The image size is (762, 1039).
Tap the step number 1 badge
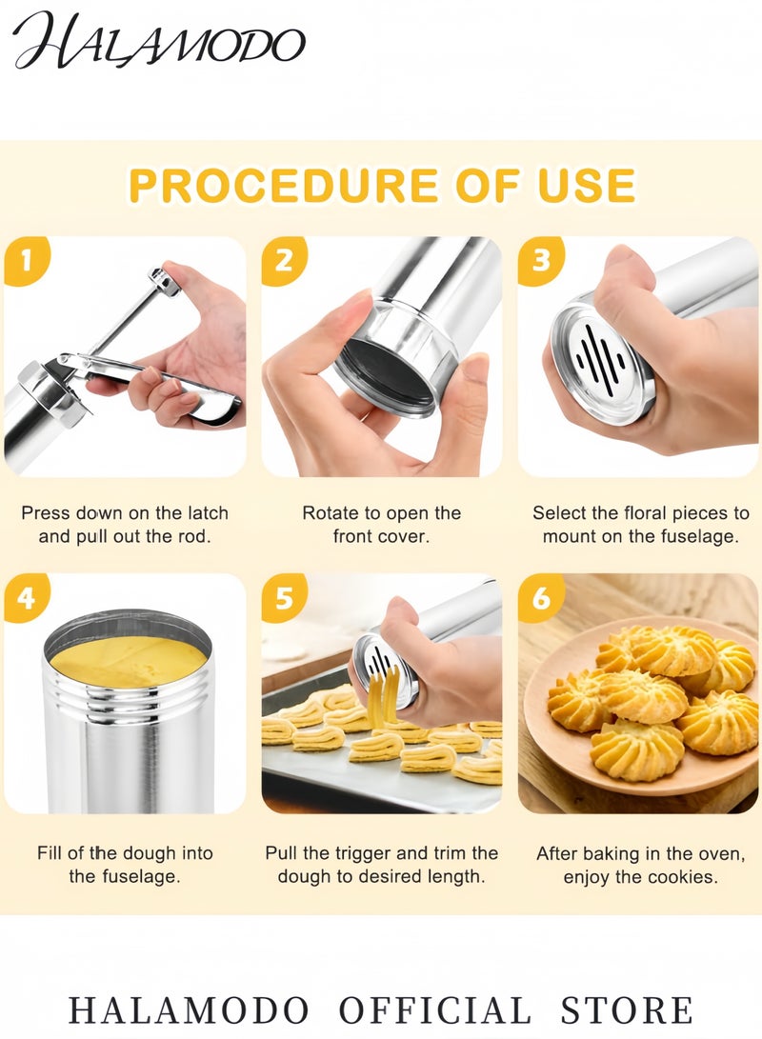click(26, 259)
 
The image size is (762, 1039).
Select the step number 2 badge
click(284, 259)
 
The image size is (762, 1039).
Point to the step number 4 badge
click(26, 598)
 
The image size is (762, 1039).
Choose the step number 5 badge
click(284, 598)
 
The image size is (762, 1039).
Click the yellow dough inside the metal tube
click(128, 659)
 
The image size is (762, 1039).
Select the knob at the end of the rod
click(164, 281)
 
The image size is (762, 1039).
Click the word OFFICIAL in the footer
click(435, 1009)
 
